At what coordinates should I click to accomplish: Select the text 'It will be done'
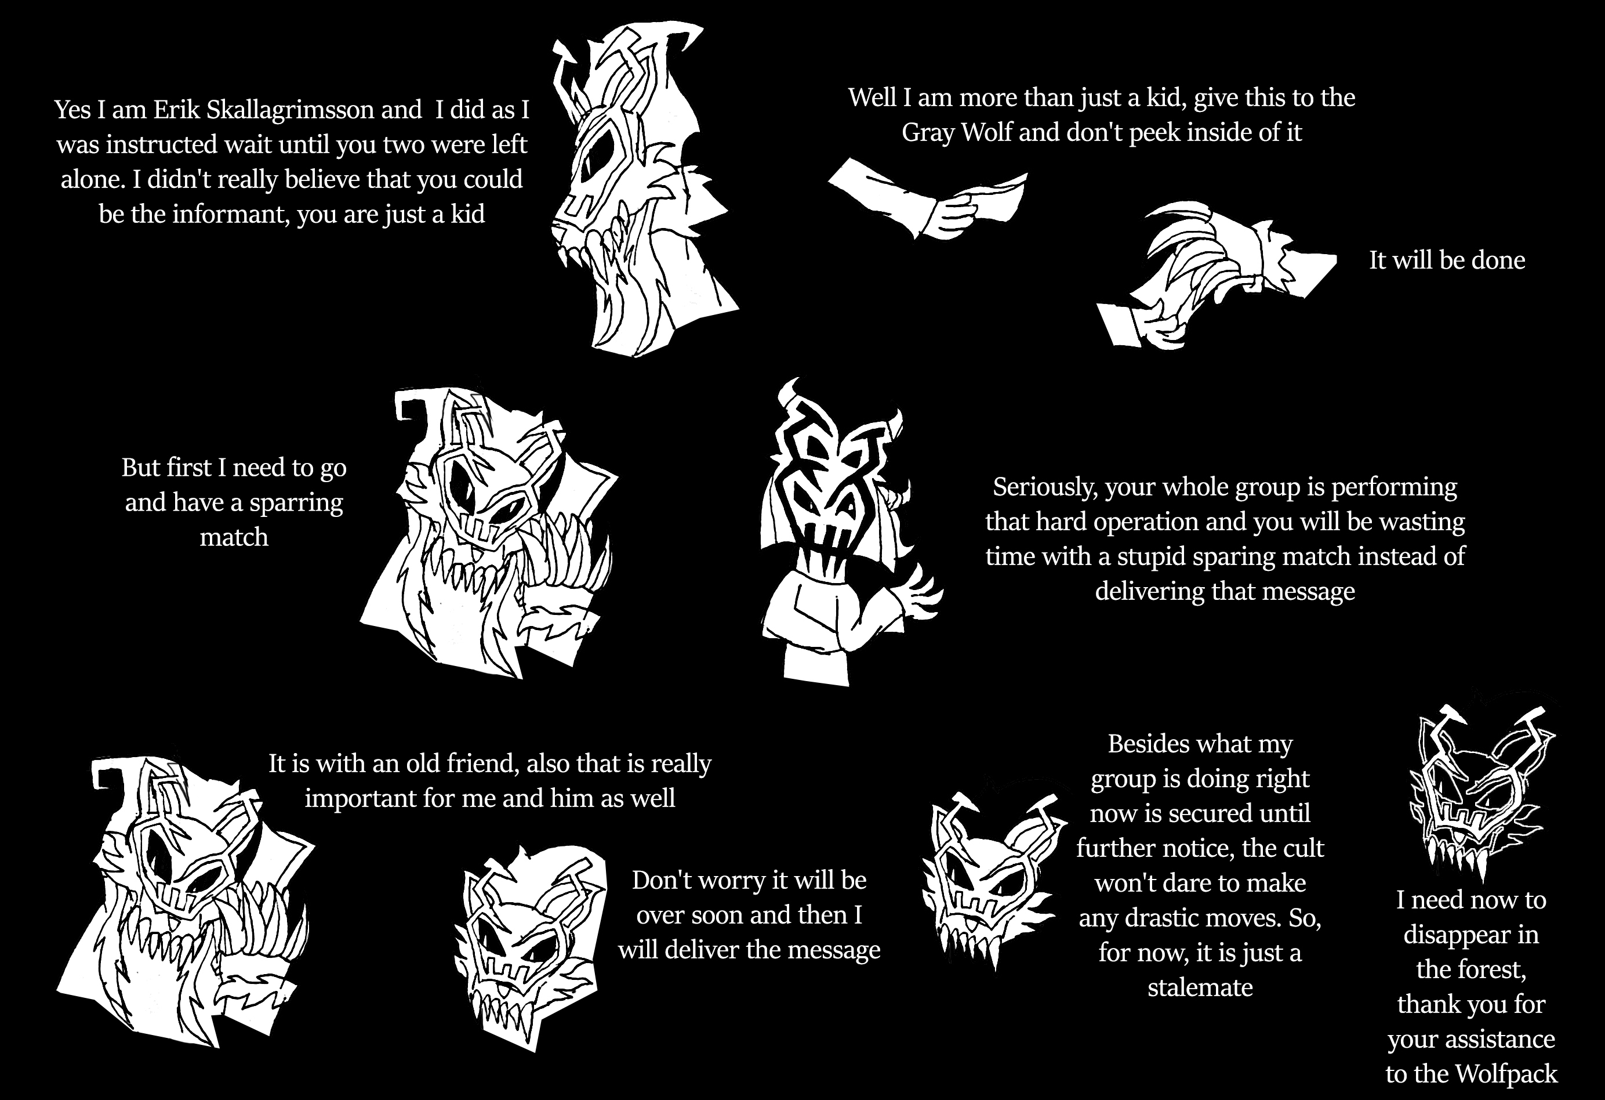(1447, 260)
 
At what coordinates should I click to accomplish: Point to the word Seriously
(1044, 487)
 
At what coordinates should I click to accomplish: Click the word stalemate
(1200, 987)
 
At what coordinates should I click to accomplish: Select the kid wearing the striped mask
(843, 532)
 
